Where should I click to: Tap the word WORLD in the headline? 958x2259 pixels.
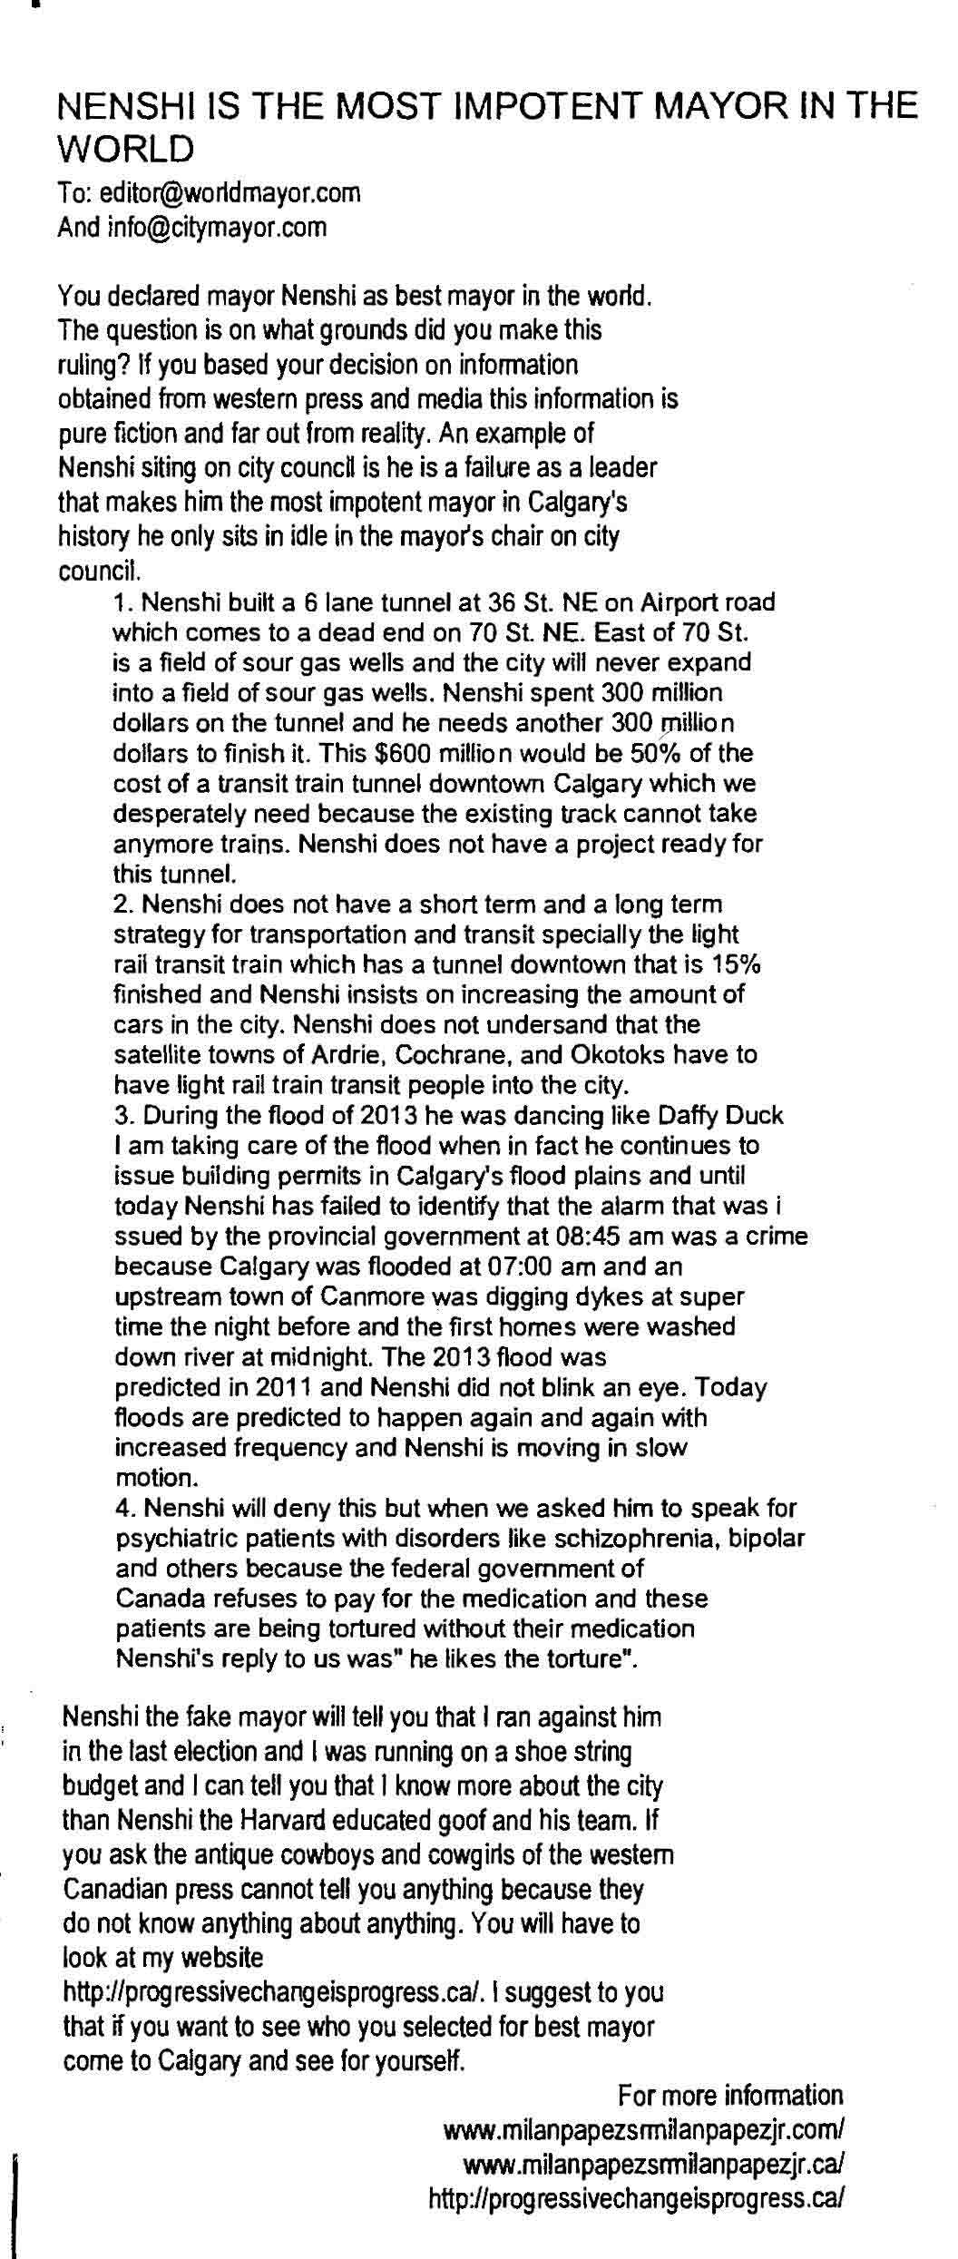125,148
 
